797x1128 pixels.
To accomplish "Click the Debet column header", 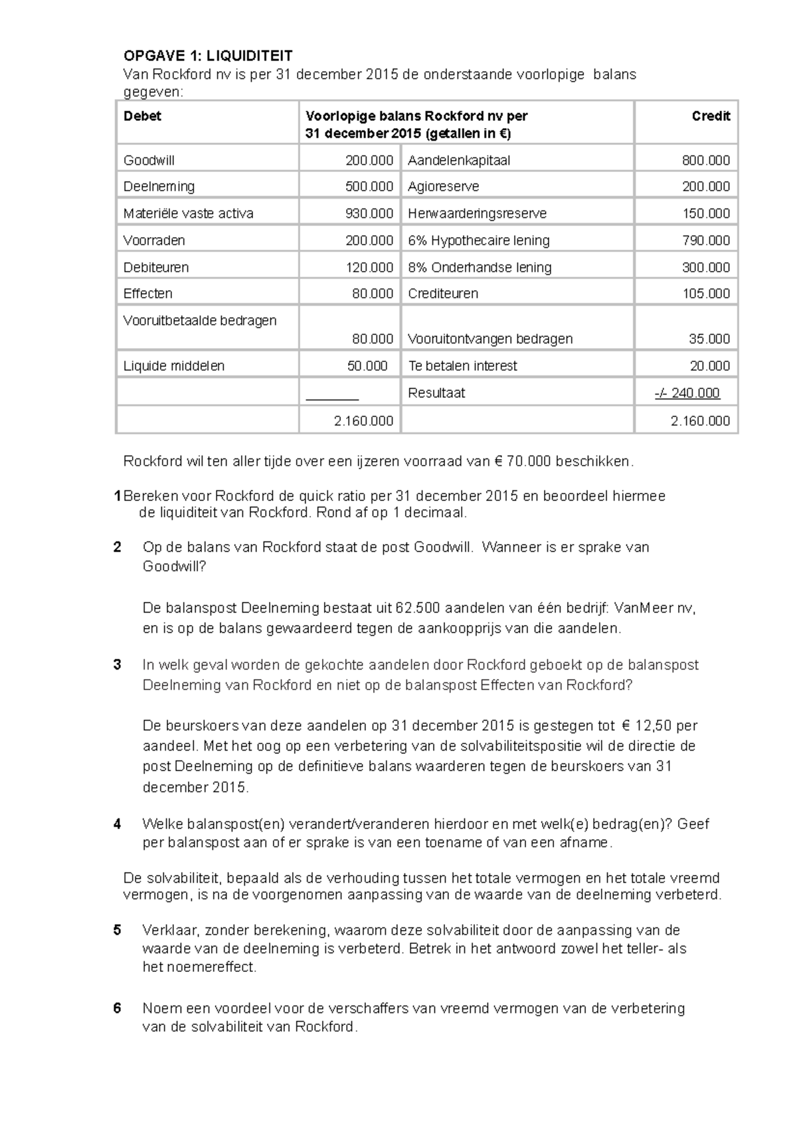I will pos(142,116).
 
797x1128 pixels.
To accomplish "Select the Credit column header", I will pos(710,116).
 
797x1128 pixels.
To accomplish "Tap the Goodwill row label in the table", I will pos(149,160).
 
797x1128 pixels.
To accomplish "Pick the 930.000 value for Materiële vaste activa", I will pos(369,213).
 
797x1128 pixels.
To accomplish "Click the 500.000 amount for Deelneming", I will pos(369,187).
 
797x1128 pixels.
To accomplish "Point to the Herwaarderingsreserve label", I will pos(477,213).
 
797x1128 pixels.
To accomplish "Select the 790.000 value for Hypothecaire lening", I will pos(705,240).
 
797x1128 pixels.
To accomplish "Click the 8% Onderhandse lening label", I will pos(480,267).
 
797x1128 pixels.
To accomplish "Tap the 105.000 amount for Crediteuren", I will pos(705,294).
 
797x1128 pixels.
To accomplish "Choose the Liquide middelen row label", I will pos(174,366).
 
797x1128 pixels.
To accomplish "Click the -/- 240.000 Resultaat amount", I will pos(687,393).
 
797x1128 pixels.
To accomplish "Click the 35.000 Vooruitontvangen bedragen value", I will pos(709,339).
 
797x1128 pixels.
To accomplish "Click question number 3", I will pos(118,665).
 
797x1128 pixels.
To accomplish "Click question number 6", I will pos(118,1008).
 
